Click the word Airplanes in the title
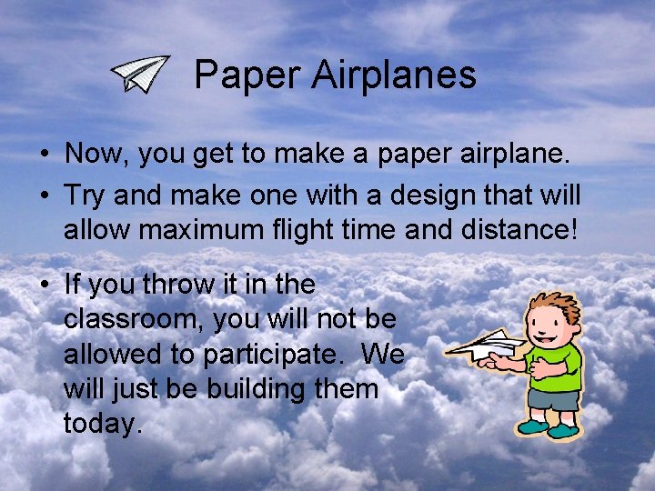click(x=393, y=75)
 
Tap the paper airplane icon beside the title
click(x=141, y=74)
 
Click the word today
click(x=103, y=423)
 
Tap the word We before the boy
click(x=382, y=354)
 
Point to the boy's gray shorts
click(x=552, y=399)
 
